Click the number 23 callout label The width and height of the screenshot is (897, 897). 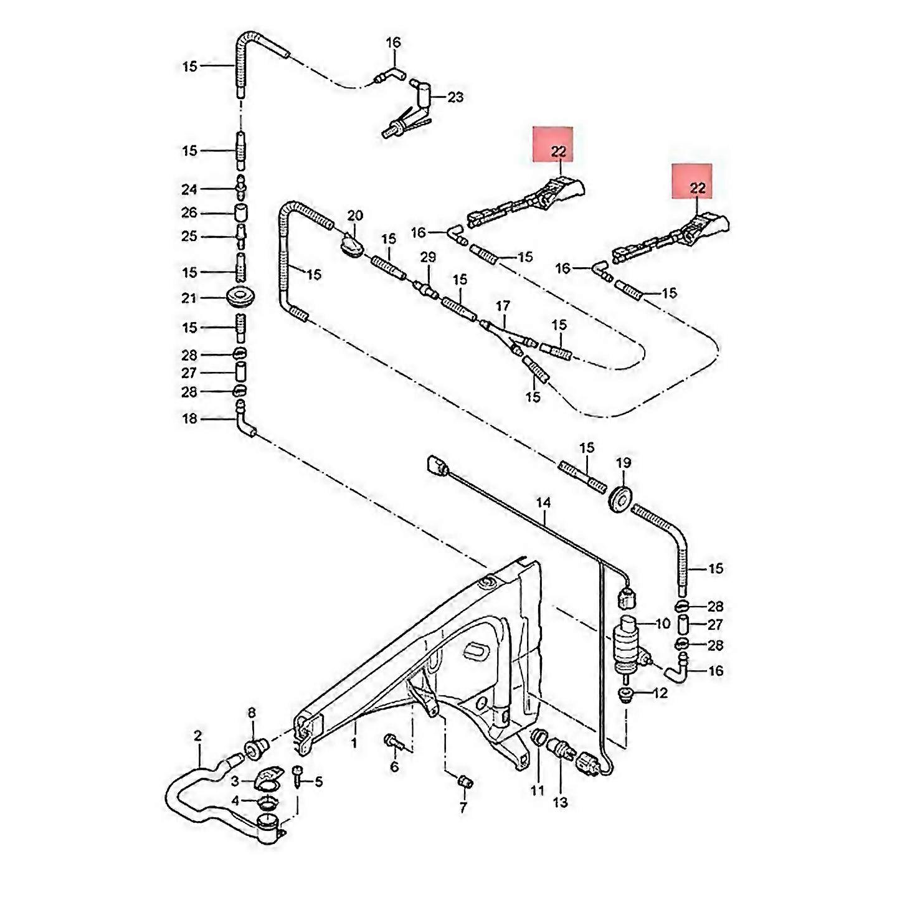455,97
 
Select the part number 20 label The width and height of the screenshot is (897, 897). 355,216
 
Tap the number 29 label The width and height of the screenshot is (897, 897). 428,257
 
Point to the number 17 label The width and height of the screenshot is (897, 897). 503,306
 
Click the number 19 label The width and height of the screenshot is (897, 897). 624,463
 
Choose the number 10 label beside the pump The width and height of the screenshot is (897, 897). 662,623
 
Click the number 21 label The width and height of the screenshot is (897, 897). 189,298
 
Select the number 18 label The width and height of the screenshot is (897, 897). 189,419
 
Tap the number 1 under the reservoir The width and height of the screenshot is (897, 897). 354,743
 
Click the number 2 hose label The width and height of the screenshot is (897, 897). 198,736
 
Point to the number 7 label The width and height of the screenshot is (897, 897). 463,809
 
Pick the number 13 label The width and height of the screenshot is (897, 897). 561,802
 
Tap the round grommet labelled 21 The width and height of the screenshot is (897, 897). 241,298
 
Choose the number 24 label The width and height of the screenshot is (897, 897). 189,189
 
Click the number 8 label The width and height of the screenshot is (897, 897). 252,712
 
